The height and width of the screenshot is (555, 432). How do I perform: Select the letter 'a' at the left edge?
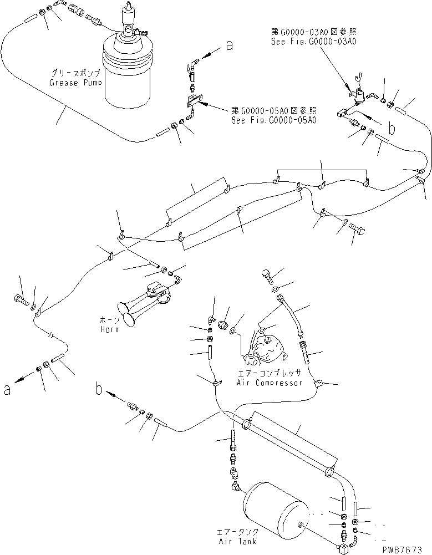pyautogui.click(x=7, y=390)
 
